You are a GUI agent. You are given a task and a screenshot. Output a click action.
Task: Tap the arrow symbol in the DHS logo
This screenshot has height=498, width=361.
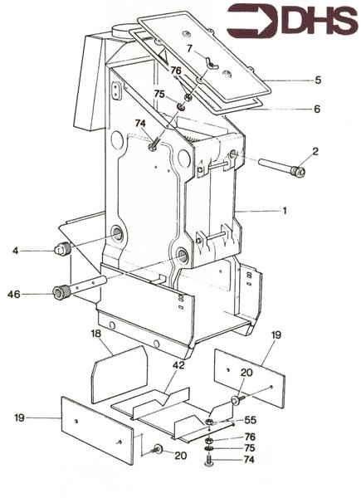(x=253, y=22)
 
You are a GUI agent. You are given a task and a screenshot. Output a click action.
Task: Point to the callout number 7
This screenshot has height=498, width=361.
(x=189, y=49)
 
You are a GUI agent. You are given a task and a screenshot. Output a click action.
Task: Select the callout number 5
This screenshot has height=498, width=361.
(x=293, y=81)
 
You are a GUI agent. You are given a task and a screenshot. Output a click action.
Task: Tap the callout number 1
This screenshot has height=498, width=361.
(x=284, y=211)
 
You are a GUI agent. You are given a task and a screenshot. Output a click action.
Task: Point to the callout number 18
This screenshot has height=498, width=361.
(x=95, y=333)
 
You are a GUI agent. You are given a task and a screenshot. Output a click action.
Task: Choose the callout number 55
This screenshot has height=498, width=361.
(x=250, y=421)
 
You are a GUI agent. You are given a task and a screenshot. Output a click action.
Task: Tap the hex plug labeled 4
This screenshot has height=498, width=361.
(x=61, y=249)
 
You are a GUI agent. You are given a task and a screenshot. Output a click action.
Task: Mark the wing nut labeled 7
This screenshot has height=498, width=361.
(x=210, y=65)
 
